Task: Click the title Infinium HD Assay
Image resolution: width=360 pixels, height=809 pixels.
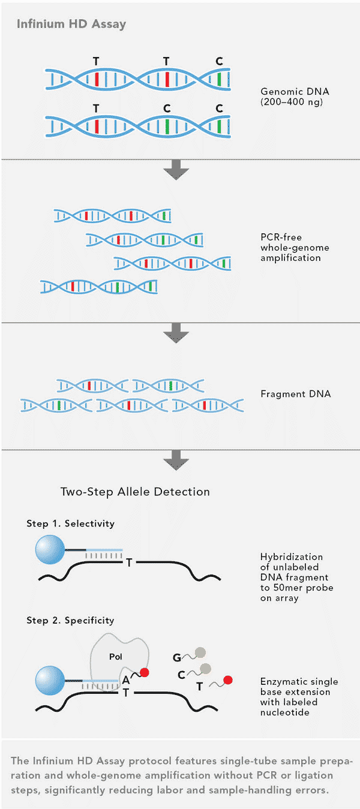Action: pyautogui.click(x=71, y=25)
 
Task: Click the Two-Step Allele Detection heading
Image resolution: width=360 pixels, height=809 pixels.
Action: pyautogui.click(x=135, y=492)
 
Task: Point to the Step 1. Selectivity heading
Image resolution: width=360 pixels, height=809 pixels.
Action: pyautogui.click(x=70, y=524)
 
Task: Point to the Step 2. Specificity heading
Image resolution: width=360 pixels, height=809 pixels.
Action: pyautogui.click(x=70, y=620)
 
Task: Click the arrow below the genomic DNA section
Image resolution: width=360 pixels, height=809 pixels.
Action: pyautogui.click(x=176, y=172)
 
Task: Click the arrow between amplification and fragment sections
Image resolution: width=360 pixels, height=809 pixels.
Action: pyautogui.click(x=176, y=332)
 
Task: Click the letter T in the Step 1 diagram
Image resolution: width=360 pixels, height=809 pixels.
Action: pyautogui.click(x=129, y=563)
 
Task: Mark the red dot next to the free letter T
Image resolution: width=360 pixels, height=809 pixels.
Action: pyautogui.click(x=227, y=680)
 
